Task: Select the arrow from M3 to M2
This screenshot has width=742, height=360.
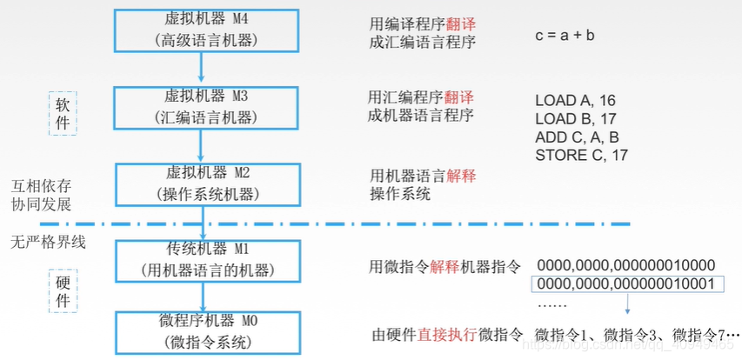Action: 202,143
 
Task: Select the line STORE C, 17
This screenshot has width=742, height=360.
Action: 581,156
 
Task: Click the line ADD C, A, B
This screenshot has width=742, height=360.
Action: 577,137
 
